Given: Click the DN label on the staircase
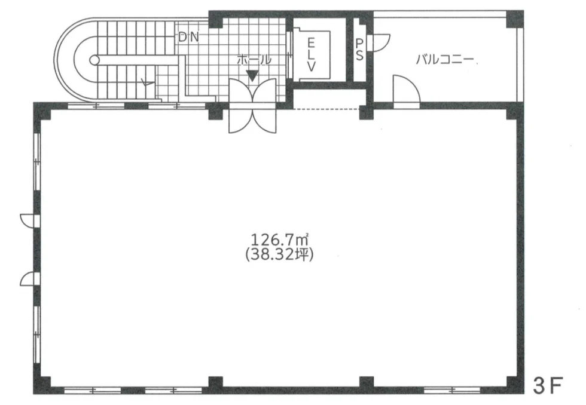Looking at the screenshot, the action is (188, 37).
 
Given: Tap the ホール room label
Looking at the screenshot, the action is (254, 60).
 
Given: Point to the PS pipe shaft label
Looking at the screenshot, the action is (359, 49).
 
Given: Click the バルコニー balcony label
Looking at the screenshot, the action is (445, 59).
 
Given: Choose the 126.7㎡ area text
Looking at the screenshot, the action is (280, 240).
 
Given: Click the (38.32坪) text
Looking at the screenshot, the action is (280, 255).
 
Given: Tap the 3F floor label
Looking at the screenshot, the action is (548, 386).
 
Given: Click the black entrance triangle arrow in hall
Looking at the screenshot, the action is (252, 76).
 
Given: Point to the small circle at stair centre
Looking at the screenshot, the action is (94, 60).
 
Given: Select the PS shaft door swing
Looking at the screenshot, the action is (379, 42).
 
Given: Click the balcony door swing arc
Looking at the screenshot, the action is (407, 89).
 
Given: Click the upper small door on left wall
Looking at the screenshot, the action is (28, 220).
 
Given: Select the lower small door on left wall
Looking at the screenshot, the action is (28, 279).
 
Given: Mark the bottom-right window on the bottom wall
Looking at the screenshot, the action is (452, 391).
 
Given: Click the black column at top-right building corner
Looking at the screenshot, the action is (514, 19).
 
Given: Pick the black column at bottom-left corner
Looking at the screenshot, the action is (41, 385).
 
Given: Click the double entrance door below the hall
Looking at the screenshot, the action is (252, 106).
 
